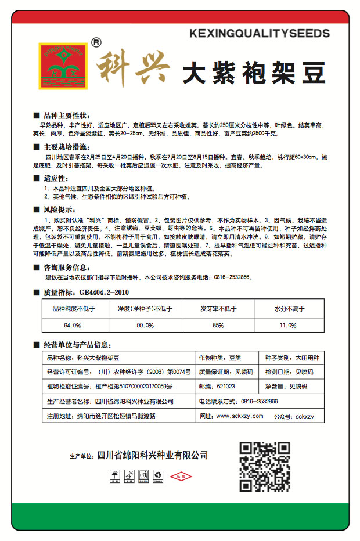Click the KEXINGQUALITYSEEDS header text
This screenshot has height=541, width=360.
[260, 34]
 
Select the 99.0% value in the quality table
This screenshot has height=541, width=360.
[145, 325]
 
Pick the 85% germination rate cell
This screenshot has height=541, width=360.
[218, 325]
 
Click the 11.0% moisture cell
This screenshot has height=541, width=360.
[288, 325]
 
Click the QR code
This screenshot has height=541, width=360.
[265, 466]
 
